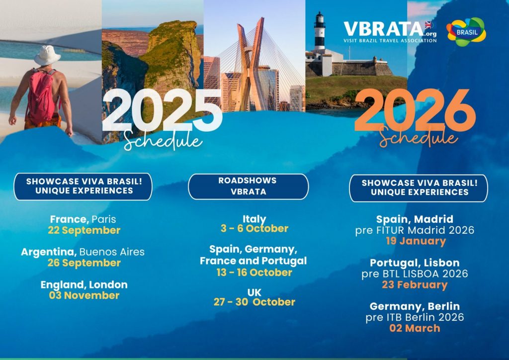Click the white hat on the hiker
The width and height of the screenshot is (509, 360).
pos(47,55)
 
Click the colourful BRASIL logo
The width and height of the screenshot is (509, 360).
pos(466,32)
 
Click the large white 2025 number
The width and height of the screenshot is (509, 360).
pos(163,111)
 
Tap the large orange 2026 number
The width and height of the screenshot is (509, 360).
pos(415,110)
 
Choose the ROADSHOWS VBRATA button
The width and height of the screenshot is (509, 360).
pos(249,186)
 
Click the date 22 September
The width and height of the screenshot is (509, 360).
pos(84,230)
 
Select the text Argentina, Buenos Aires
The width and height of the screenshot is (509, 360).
pos(83,252)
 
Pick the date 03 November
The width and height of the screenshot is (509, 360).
pos(84,295)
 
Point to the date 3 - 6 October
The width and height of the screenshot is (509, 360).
pos(254,229)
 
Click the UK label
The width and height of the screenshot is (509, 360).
pos(254,292)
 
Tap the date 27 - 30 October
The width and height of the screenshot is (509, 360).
pos(254,302)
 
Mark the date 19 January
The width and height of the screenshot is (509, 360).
pos(416,241)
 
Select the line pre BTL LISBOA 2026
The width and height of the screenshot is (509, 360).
pos(415,273)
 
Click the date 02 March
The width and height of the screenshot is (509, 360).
pos(415,328)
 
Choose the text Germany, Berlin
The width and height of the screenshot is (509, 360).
pos(415,306)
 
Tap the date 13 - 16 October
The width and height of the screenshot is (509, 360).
pos(254,272)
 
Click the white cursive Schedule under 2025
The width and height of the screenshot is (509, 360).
pos(163,141)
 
